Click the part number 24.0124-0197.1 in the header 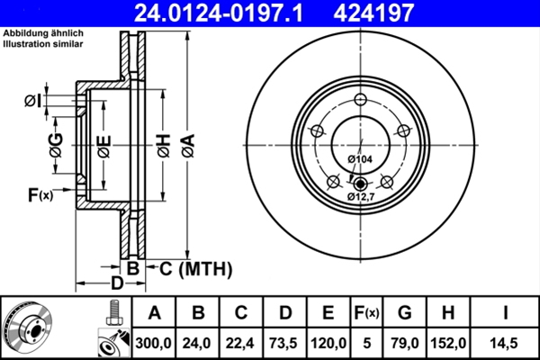click(229, 13)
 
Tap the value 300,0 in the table click(155, 342)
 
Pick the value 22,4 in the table click(241, 342)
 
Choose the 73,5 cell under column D click(284, 342)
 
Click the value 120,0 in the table click(328, 342)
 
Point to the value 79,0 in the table click(405, 342)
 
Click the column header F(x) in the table click(366, 313)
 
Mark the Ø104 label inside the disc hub click(359, 159)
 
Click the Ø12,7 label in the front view click(362, 195)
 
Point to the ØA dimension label click(187, 145)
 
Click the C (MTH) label click(196, 268)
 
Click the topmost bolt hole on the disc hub click(360, 100)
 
